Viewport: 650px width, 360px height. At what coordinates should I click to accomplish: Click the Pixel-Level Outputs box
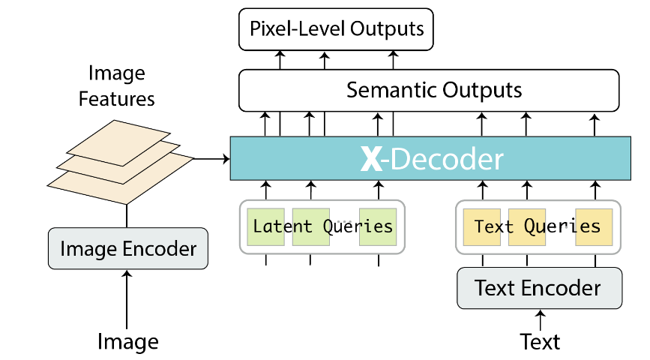[336, 29]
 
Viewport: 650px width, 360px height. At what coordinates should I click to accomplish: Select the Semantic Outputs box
[429, 91]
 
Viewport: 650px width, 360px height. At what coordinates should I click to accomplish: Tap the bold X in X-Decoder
[371, 159]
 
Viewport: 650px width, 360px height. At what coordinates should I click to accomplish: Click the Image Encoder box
[127, 249]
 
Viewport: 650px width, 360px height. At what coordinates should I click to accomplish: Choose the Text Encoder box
[539, 288]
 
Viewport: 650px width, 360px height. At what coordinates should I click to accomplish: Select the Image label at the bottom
[127, 342]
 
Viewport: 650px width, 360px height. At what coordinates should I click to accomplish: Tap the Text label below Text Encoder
[540, 342]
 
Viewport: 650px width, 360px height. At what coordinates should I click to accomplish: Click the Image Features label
[116, 85]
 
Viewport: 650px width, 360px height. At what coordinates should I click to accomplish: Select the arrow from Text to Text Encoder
[540, 319]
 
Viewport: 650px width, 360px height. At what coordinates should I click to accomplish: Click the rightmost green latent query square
[377, 226]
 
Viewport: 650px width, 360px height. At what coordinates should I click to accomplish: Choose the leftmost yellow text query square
[477, 226]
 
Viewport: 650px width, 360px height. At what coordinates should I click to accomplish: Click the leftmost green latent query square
[265, 226]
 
